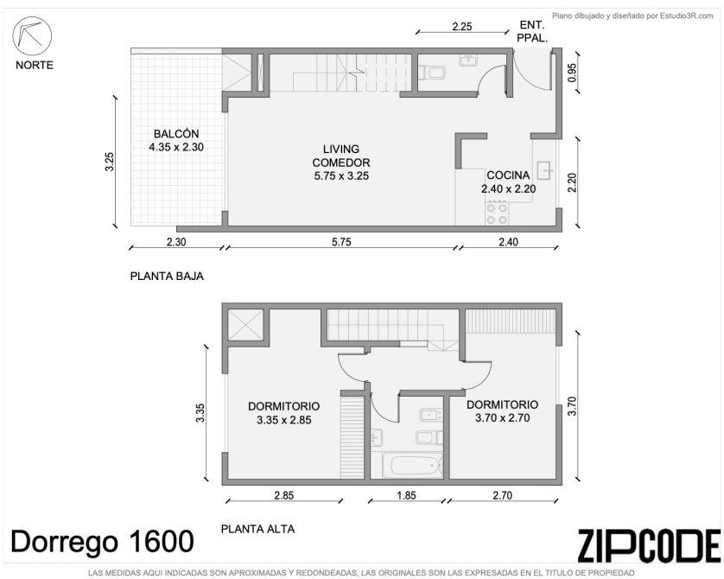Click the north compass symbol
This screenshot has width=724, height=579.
[x=32, y=36]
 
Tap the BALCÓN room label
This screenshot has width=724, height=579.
[x=176, y=134]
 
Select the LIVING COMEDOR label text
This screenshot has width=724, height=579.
[x=341, y=156]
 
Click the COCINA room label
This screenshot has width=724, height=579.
[x=508, y=175]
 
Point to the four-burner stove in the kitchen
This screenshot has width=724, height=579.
[x=497, y=213]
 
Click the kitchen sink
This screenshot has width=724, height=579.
[x=545, y=170]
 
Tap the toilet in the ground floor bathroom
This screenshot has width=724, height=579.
[x=431, y=73]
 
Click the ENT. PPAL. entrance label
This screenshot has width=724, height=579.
[x=532, y=31]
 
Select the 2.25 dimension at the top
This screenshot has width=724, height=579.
[x=462, y=26]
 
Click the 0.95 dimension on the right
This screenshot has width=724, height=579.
[x=572, y=73]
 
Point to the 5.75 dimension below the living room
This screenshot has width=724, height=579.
[x=341, y=241]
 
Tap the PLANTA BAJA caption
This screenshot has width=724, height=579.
[x=167, y=277]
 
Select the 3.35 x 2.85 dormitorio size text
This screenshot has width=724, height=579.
[x=284, y=420]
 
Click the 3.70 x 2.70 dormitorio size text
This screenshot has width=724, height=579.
[x=502, y=418]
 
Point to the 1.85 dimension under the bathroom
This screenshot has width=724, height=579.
[x=406, y=495]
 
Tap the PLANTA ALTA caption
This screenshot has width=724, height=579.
[x=257, y=529]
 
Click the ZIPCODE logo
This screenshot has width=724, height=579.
[x=649, y=546]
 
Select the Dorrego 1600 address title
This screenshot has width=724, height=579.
[x=102, y=541]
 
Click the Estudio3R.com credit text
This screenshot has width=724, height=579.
[x=632, y=16]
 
